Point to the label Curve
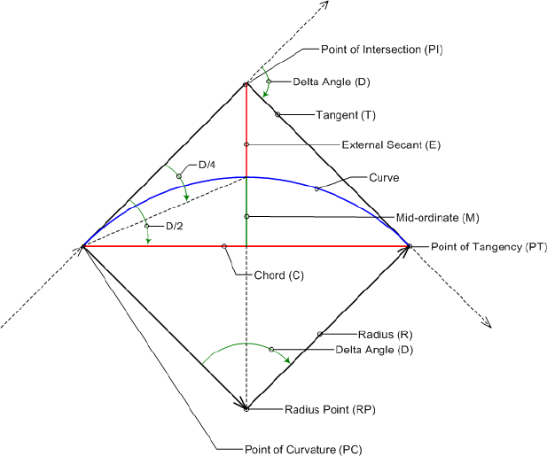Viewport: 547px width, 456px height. point(384,177)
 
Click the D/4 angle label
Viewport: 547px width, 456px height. point(207,165)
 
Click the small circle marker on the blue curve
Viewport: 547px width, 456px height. point(317,189)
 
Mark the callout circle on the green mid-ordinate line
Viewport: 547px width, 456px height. point(246,216)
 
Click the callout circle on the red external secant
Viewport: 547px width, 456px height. point(246,144)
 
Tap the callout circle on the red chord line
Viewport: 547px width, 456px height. point(224,246)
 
